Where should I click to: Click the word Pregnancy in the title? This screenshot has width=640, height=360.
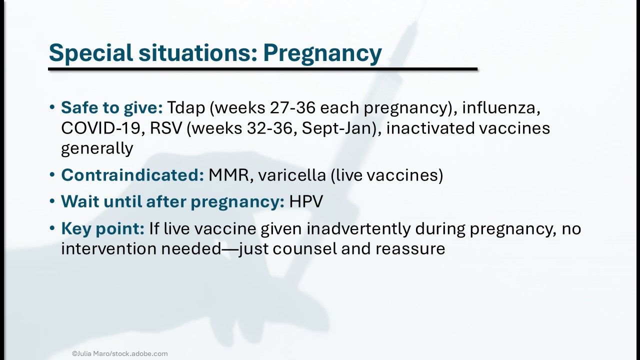pyautogui.click(x=322, y=53)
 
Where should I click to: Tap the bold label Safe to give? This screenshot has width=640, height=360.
pyautogui.click(x=111, y=108)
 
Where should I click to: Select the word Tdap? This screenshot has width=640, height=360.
pyautogui.click(x=186, y=108)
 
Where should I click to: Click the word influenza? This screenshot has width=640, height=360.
pyautogui.click(x=501, y=108)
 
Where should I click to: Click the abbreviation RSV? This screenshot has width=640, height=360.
pyautogui.click(x=166, y=128)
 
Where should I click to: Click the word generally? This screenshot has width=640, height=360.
pyautogui.click(x=97, y=148)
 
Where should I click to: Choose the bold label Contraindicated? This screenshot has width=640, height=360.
pyautogui.click(x=132, y=175)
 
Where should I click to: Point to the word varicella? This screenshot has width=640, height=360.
pyautogui.click(x=291, y=175)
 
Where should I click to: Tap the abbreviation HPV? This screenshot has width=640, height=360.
pyautogui.click(x=306, y=201)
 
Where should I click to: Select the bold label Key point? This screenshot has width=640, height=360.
pyautogui.click(x=103, y=229)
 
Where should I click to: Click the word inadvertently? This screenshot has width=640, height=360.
pyautogui.click(x=358, y=228)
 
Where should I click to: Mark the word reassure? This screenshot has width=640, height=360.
pyautogui.click(x=410, y=249)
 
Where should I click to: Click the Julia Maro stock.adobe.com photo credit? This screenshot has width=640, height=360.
pyautogui.click(x=119, y=353)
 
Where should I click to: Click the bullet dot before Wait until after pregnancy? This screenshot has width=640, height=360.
pyautogui.click(x=52, y=201)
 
